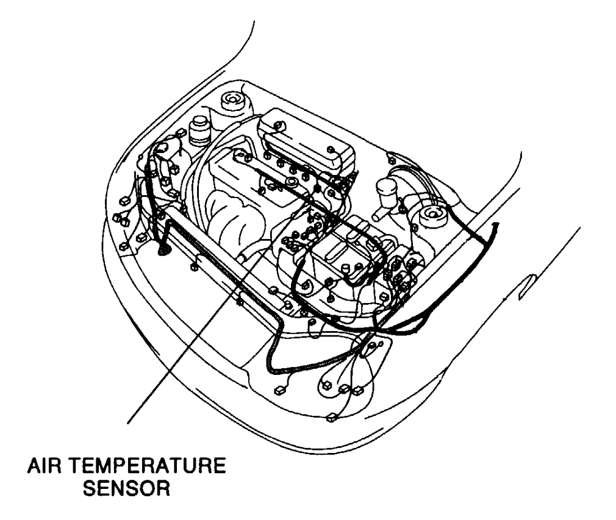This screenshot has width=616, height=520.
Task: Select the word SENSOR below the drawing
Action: [126, 490]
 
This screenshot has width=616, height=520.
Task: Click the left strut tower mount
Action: [231, 99]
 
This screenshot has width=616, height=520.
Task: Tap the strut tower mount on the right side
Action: [433, 214]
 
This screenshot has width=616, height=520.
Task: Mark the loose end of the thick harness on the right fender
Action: [495, 226]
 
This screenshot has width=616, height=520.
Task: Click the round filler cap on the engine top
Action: [293, 182]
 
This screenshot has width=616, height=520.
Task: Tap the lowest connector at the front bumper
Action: [331, 418]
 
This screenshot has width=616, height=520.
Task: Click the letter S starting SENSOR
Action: [88, 490]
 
